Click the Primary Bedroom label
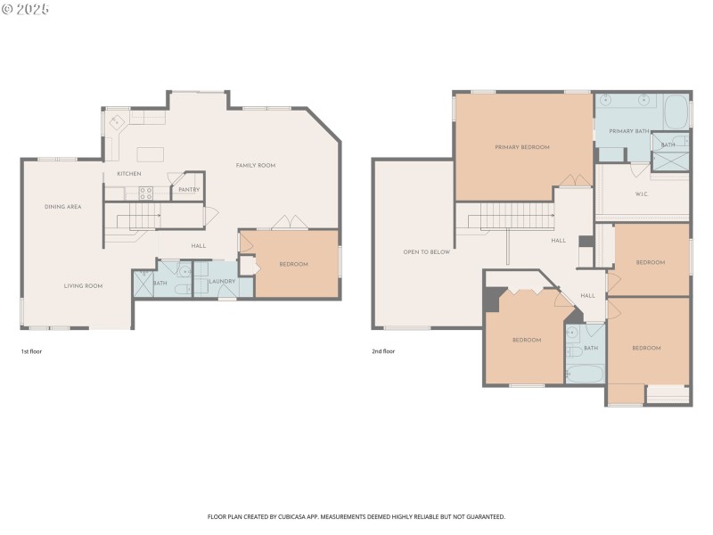pos(522,147)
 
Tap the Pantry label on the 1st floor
pos(188,189)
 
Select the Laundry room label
pos(221,282)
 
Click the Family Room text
pos(255,165)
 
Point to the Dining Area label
pos(63,207)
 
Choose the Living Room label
pos(83,286)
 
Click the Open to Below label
pos(427,252)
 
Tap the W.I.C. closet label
pos(641,193)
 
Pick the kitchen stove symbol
pos(144,190)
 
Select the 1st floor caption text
pos(31,351)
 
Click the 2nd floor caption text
pos(383,351)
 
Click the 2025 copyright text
pos(26,9)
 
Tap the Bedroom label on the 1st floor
pos(293,264)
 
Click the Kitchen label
pos(129,174)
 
